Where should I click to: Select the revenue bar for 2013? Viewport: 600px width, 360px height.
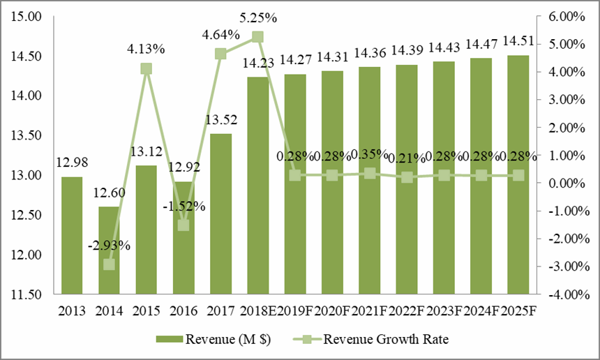(71, 235)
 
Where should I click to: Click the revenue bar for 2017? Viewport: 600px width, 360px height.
(220, 213)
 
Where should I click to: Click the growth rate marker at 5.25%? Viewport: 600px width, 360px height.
(257, 38)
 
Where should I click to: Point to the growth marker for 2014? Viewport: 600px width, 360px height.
(109, 264)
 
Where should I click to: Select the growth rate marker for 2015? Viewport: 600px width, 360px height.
(146, 68)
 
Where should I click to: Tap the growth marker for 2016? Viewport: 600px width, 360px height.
(183, 225)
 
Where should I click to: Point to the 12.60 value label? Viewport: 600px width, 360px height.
(108, 191)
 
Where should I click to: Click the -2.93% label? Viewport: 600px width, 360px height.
(108, 245)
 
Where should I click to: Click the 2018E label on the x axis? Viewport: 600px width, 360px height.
(257, 310)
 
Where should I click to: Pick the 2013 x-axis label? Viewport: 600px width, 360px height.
(71, 310)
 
